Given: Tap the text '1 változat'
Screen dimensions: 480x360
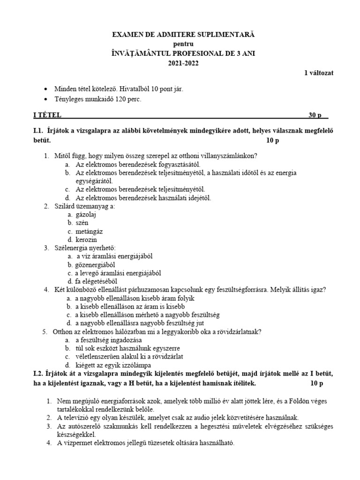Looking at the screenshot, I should point(319,73).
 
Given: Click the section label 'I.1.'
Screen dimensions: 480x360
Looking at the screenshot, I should point(35,131).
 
